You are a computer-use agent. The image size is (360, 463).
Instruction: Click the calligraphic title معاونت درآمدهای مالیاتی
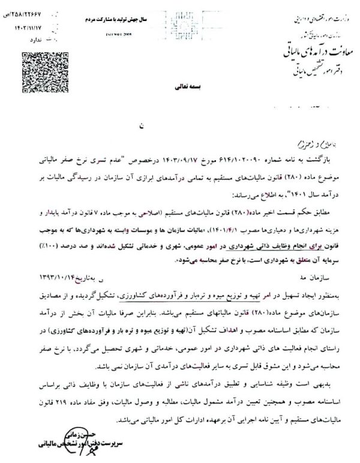point(305,53)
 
